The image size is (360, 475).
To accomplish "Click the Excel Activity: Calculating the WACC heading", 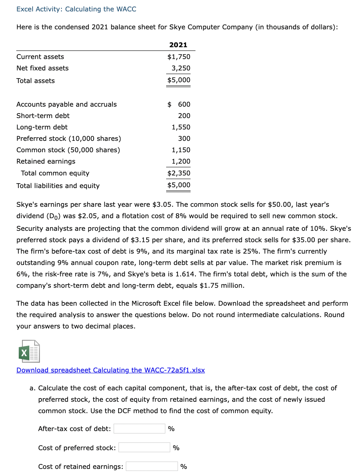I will pos(76,9).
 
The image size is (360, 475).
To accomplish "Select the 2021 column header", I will pos(178,45).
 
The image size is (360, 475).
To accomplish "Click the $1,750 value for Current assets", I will pos(179,57).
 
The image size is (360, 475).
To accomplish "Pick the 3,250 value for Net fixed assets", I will pos(181,68).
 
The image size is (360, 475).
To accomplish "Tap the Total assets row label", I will pos(35,81).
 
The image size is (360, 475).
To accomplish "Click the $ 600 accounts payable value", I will pos(179,104).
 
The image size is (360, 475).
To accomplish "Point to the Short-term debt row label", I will pos(43,116).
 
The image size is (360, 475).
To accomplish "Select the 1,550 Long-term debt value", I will pos(181,127).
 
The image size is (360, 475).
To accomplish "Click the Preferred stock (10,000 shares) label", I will pos(68,138).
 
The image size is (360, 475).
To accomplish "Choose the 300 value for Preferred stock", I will pos(184,138).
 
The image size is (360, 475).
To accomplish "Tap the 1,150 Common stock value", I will pos(181,150).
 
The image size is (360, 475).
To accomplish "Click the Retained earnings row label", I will pos(46,161).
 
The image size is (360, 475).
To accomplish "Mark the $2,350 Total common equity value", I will pos(179,173).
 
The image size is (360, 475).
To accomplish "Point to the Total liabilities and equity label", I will pos(58,186).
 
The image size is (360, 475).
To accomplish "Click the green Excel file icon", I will pos(28,351).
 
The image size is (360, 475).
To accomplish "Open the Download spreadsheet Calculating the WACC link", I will pos(110,370).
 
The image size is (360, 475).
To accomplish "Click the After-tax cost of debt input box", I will pos(139,429).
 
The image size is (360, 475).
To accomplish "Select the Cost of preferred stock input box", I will pos(144,448).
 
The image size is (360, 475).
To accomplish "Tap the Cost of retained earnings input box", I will pos(151,466).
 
